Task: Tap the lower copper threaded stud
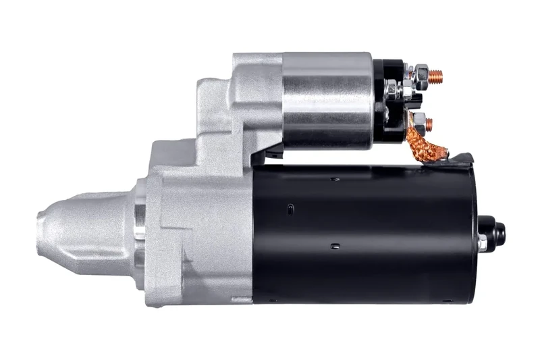(429, 124)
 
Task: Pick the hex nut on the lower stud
(418, 123)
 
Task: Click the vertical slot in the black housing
(290, 209)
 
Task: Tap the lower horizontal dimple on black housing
(335, 247)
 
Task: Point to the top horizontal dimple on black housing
(335, 179)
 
